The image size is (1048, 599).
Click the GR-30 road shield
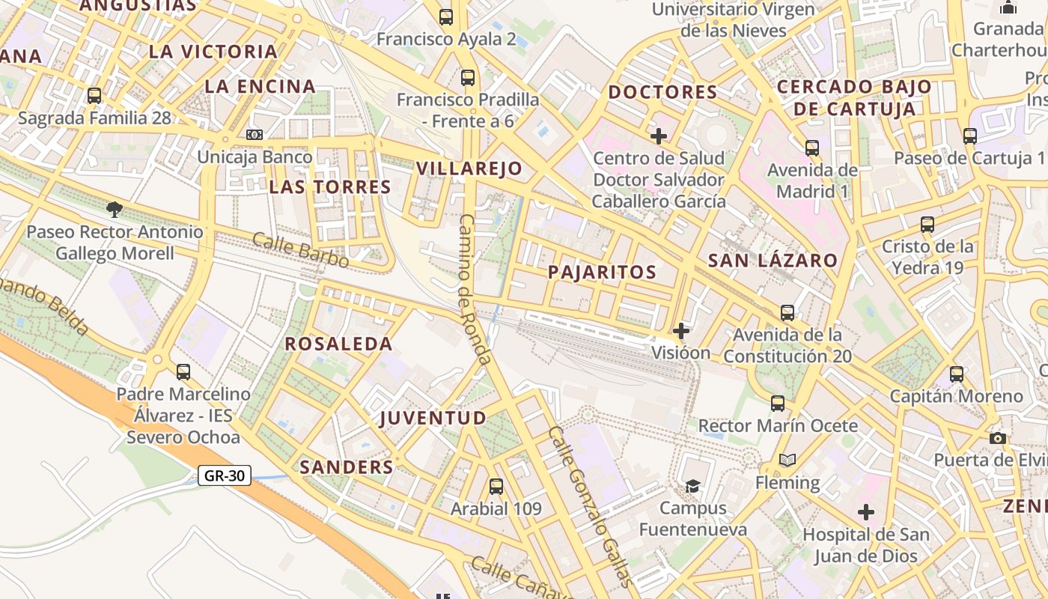coord(225,475)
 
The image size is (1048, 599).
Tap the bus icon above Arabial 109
coord(496,487)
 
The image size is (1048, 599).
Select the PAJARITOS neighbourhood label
coord(602,272)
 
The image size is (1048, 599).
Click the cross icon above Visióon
coord(681,330)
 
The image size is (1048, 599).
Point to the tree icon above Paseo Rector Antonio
coord(115,209)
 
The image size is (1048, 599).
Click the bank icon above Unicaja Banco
coord(255,135)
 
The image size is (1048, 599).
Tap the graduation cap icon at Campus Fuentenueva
coord(692,486)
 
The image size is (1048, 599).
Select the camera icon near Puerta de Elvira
coord(998,438)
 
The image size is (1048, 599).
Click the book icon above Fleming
coord(787,460)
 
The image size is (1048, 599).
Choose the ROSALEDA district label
coord(338,344)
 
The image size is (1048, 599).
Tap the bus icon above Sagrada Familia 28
coord(94,96)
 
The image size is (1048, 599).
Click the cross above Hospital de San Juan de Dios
coord(866,513)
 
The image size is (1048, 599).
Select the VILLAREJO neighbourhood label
coord(469,168)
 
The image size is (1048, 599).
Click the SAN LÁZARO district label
coord(773,261)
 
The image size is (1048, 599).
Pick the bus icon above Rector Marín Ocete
coord(778,404)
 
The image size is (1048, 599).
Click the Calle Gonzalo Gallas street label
coord(590,507)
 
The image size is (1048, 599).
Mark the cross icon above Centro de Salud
coord(659,136)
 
